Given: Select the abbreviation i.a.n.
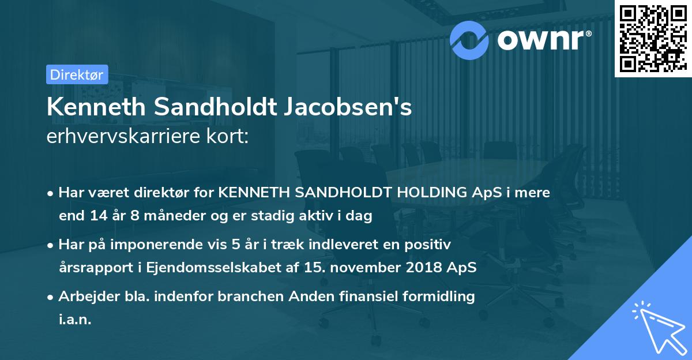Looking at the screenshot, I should point(75,320).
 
